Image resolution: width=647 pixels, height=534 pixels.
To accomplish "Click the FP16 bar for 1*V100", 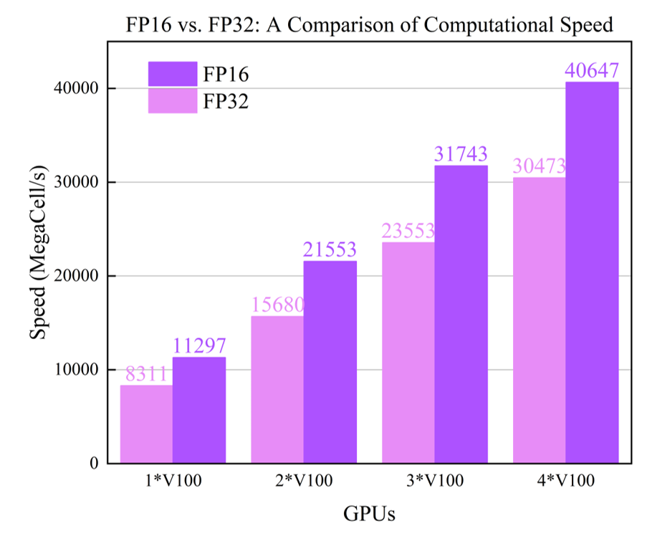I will (x=199, y=410).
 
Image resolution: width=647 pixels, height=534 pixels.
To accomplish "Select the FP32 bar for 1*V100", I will (x=146, y=424).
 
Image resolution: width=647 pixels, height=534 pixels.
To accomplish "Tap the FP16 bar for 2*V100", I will (x=330, y=362).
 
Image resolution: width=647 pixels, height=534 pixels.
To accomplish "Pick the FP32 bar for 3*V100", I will (x=408, y=353).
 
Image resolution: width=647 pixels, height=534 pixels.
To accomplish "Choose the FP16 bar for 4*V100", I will (x=593, y=272).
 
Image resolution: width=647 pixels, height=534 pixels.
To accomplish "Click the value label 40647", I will (x=592, y=72).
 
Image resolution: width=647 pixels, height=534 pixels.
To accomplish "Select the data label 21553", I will (x=330, y=250).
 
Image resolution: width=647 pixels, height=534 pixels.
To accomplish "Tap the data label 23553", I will (x=408, y=232).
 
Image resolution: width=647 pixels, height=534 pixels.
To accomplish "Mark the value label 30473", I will (x=540, y=166).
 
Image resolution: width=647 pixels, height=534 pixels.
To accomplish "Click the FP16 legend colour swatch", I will (x=172, y=74).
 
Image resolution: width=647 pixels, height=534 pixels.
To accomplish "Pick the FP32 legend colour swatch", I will (x=172, y=101).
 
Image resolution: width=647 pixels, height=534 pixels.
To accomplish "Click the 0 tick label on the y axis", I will (x=92, y=464).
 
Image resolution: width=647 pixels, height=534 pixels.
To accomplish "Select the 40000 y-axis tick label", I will (x=75, y=88).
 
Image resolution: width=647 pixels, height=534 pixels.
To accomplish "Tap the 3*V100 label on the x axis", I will (x=435, y=480).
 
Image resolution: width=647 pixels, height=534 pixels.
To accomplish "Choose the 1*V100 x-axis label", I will (x=173, y=480).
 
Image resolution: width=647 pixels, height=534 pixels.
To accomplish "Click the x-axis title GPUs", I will (x=370, y=512).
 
